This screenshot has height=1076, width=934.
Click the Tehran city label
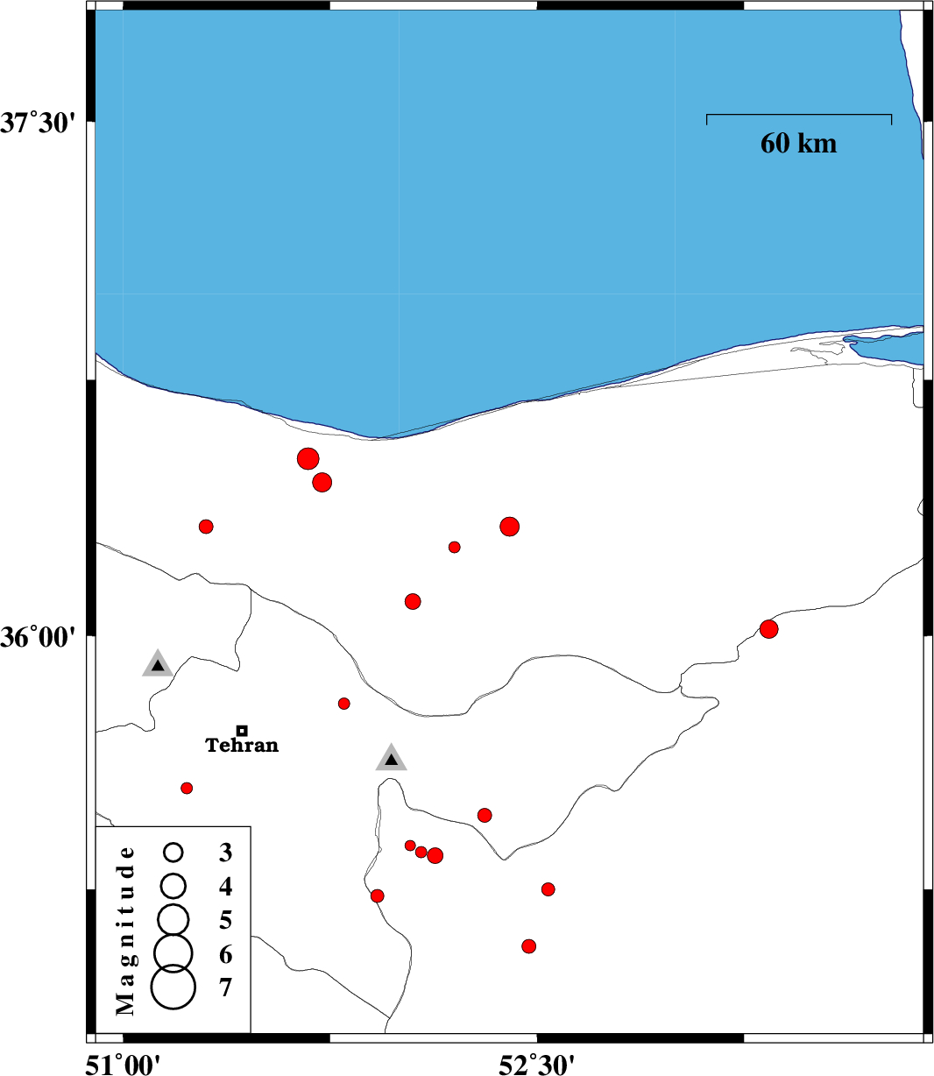point(242,746)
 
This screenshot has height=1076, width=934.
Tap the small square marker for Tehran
point(242,730)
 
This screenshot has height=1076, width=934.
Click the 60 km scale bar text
point(798,143)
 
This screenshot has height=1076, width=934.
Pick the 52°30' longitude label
point(536,1064)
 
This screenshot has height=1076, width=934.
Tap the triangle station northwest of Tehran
point(157,665)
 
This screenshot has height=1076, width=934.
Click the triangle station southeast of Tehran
point(391,759)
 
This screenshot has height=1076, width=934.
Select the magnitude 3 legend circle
point(173,852)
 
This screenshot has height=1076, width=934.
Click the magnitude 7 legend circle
point(173,988)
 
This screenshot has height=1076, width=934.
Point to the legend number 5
point(226,920)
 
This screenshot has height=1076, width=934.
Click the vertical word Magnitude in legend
point(127,930)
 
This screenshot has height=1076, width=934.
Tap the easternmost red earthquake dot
point(768,628)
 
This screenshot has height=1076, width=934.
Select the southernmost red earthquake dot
point(528,946)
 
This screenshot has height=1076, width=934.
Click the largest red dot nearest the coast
point(308,458)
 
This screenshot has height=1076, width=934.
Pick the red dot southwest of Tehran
point(187,788)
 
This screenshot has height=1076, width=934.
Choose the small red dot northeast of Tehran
point(343,704)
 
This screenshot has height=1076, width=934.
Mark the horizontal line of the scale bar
point(799,115)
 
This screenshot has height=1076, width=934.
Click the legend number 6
point(226,954)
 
